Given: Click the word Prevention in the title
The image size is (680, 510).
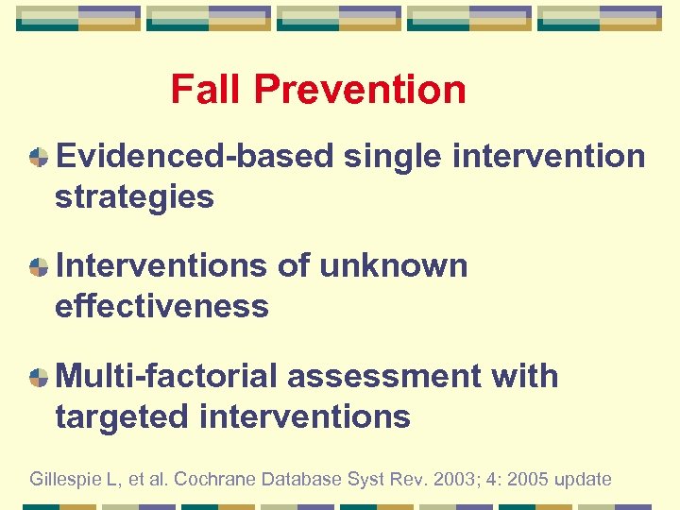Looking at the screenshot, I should click(360, 90).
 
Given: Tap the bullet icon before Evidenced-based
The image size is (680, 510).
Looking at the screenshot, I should click(39, 157).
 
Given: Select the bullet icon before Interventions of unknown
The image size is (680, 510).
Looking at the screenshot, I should click(39, 267).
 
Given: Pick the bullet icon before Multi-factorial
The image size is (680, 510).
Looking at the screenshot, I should click(39, 377).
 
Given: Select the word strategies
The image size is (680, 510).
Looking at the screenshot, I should click(134, 197).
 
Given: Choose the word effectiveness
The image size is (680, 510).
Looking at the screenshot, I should click(161, 306).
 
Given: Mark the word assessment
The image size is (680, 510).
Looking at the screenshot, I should click(384, 376).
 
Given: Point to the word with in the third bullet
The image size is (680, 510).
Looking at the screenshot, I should click(525, 376).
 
